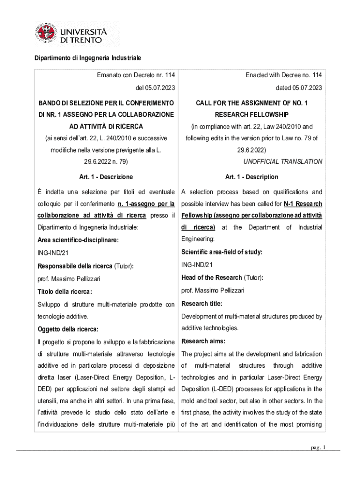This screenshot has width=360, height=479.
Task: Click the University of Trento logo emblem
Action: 45,34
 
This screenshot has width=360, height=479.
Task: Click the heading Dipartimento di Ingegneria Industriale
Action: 86,58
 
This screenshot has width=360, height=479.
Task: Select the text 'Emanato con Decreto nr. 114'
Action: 136,75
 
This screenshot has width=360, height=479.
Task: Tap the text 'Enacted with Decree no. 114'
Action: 283,75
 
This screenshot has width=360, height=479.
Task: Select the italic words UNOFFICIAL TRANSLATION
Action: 283,161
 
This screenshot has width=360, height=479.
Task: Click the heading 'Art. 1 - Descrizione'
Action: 106,177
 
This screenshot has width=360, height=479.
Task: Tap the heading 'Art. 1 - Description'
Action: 252,177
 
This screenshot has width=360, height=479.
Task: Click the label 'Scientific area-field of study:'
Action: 222,252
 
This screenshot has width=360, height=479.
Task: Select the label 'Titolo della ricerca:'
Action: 65,291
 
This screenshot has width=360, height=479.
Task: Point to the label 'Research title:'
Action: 202,304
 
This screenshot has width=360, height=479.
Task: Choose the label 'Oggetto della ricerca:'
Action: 68,329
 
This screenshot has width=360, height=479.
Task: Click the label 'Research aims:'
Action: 203,341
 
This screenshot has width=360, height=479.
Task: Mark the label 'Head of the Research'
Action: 211,277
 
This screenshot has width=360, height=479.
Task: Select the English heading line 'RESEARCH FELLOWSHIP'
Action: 252,115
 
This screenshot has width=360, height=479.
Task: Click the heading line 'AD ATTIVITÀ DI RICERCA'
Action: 106,127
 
